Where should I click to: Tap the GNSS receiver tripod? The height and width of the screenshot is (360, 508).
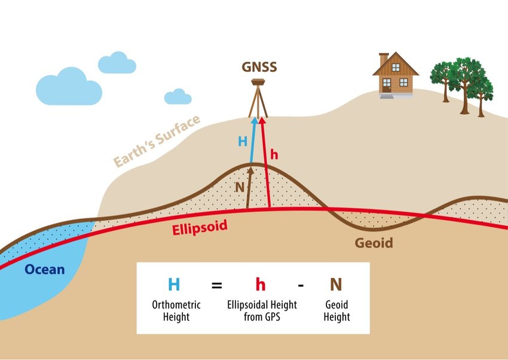(259, 99)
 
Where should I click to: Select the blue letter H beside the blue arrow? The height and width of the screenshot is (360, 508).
(243, 142)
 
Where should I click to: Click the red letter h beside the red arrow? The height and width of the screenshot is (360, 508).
(274, 154)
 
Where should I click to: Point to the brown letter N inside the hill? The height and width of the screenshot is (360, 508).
(240, 187)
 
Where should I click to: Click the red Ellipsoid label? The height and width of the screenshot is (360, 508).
(197, 229)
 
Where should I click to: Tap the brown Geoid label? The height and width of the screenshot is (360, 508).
(374, 243)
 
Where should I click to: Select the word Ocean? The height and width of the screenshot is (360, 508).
(45, 269)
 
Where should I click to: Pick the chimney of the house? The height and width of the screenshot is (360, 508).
(384, 59)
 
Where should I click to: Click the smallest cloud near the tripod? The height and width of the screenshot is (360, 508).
(178, 97)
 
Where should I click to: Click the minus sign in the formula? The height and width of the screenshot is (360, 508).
(301, 285)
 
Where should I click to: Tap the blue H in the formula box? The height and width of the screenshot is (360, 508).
(173, 285)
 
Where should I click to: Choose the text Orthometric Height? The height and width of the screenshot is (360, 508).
(176, 310)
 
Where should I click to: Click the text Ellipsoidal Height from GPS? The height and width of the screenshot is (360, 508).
(261, 310)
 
